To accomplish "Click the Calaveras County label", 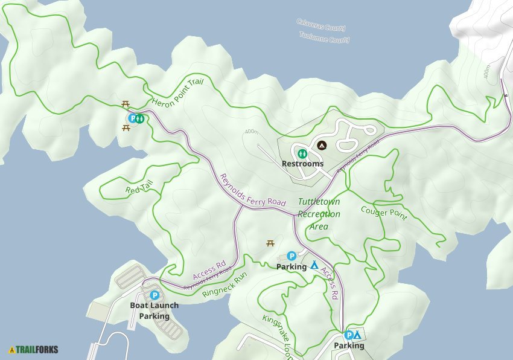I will [x=320, y=25].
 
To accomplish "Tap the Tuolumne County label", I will [x=324, y=37].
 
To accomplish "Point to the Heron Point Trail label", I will [x=178, y=93].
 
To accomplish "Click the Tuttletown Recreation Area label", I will [x=319, y=214].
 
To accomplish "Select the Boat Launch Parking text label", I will [x=154, y=310].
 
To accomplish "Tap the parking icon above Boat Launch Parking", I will [x=154, y=295].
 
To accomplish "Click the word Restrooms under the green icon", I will [x=302, y=164].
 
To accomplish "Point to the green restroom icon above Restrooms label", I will [x=302, y=153].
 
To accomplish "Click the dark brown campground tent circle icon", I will [x=322, y=145].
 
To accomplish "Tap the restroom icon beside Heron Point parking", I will [x=139, y=118].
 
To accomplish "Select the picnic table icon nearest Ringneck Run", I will [x=270, y=243].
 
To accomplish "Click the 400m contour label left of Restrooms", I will [x=252, y=132].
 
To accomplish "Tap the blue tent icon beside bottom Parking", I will [x=357, y=335].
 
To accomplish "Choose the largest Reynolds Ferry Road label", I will [x=252, y=190].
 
